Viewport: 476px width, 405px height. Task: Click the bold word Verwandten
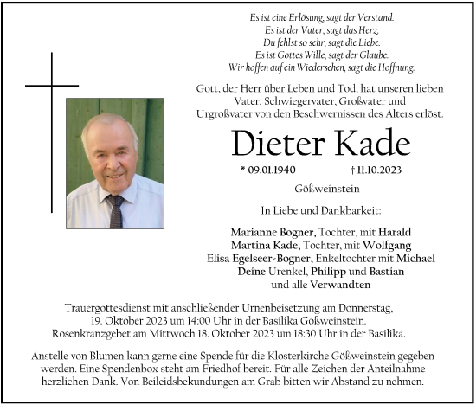pos(341,284)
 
